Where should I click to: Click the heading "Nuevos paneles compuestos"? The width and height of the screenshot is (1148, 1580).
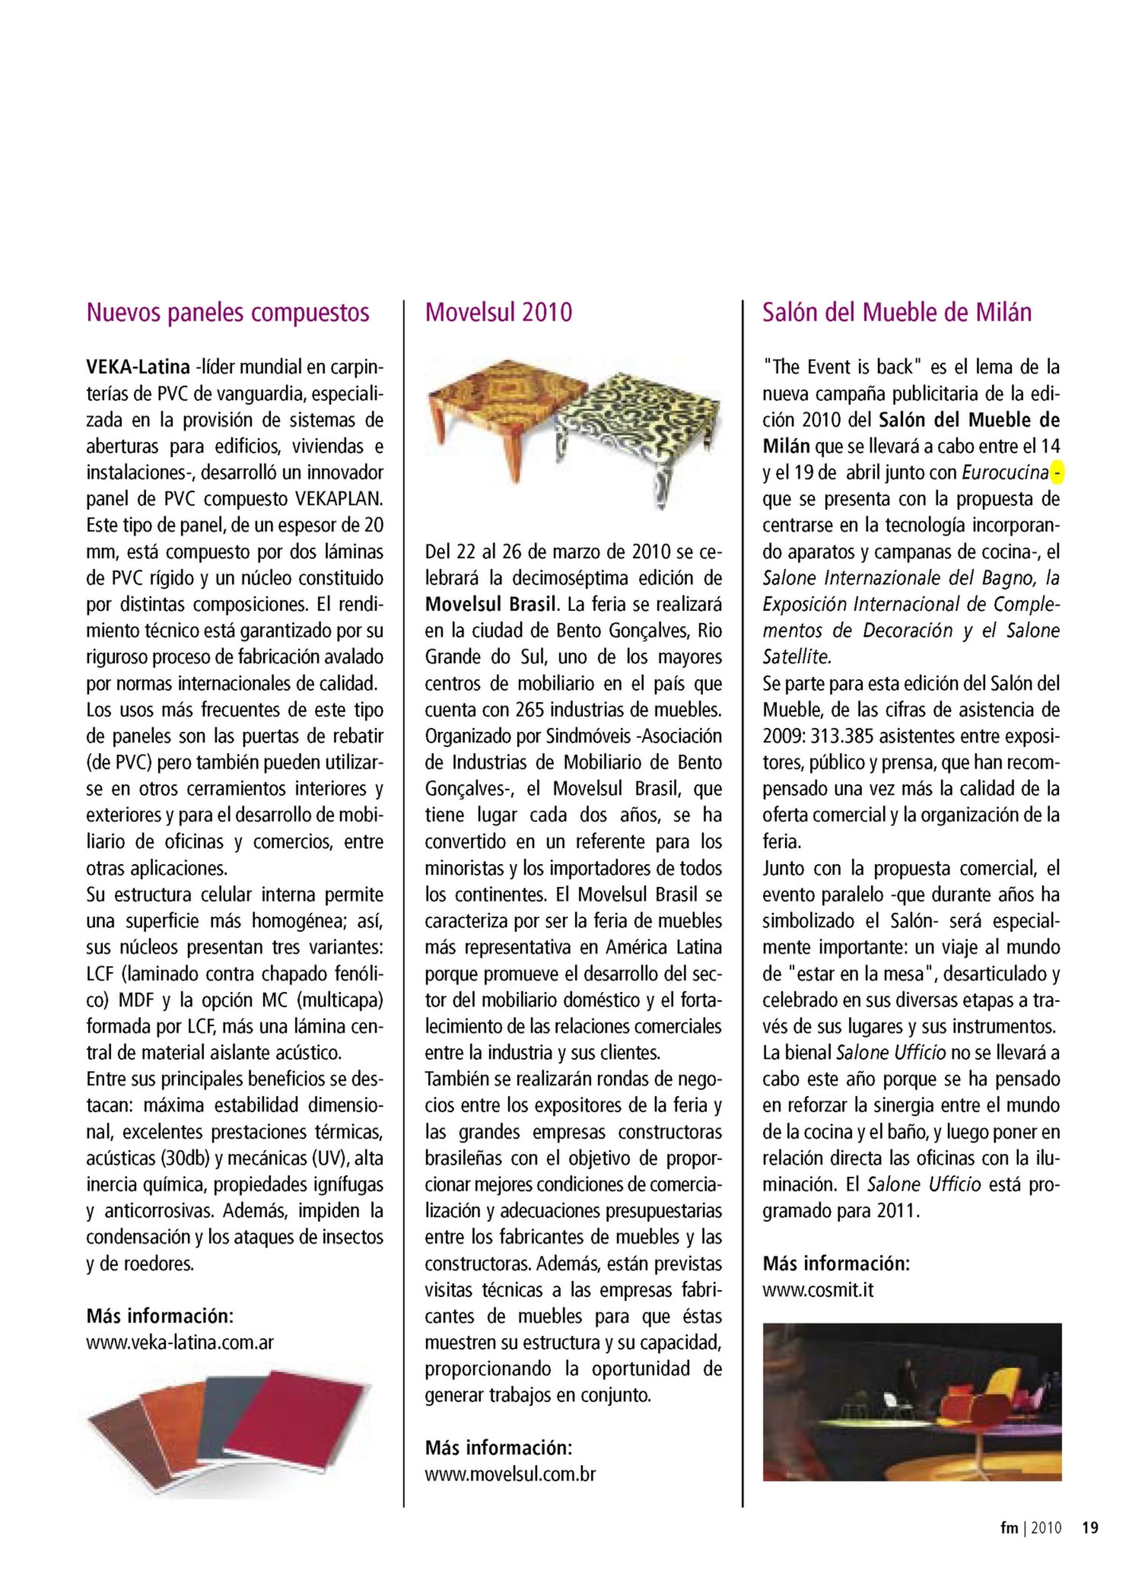pyautogui.click(x=227, y=313)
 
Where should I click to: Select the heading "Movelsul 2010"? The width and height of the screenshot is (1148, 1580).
pyautogui.click(x=498, y=313)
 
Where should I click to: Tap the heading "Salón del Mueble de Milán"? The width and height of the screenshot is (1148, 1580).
pyautogui.click(x=897, y=313)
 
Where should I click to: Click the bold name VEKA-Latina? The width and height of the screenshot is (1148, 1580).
pyautogui.click(x=138, y=367)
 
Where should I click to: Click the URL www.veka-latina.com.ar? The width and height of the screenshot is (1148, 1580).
pyautogui.click(x=180, y=1342)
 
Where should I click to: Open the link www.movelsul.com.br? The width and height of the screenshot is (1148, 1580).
pyautogui.click(x=510, y=1474)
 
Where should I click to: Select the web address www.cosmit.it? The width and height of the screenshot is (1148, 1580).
pyautogui.click(x=818, y=1289)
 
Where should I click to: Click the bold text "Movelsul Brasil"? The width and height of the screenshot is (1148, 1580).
pyautogui.click(x=491, y=605)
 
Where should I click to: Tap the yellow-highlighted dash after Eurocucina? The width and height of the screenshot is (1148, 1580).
pyautogui.click(x=1057, y=473)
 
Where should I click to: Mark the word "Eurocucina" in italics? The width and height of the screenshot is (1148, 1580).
pyautogui.click(x=1005, y=473)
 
